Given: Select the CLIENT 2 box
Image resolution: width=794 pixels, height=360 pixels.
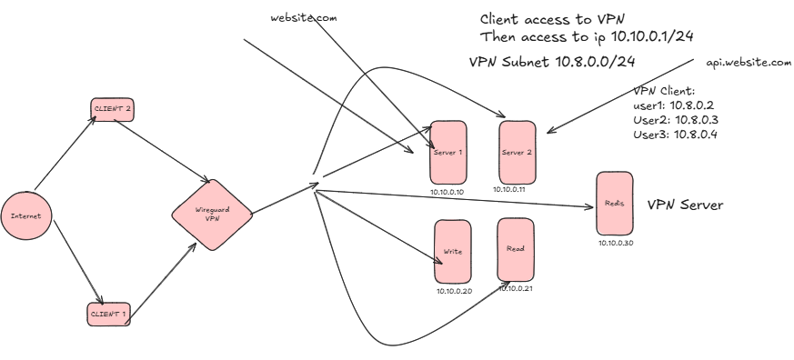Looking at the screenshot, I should [x=112, y=108].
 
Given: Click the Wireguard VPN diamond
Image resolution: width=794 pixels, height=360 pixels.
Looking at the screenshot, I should [x=210, y=215].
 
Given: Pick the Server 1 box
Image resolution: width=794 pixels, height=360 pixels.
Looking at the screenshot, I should [x=447, y=152].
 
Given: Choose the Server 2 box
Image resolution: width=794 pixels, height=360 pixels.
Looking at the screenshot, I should [x=517, y=152].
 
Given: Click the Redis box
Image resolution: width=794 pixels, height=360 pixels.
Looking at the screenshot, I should [x=613, y=204].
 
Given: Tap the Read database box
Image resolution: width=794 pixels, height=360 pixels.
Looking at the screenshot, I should [x=515, y=248].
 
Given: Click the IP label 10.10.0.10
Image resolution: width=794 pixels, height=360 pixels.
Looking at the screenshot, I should [x=447, y=192].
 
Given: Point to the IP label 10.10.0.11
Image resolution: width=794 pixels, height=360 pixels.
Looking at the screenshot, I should [x=510, y=190].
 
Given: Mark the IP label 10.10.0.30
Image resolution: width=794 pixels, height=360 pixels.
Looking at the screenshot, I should [x=616, y=243].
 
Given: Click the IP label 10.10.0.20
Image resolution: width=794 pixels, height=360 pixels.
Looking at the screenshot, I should [x=454, y=291].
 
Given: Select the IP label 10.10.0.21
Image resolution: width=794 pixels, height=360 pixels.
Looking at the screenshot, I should [x=514, y=288].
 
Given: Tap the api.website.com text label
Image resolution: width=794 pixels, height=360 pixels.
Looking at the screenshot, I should [x=749, y=63].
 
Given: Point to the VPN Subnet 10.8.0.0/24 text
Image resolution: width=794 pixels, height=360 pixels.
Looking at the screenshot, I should [x=551, y=62].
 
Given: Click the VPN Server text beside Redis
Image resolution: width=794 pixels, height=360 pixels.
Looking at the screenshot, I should [x=685, y=205].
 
